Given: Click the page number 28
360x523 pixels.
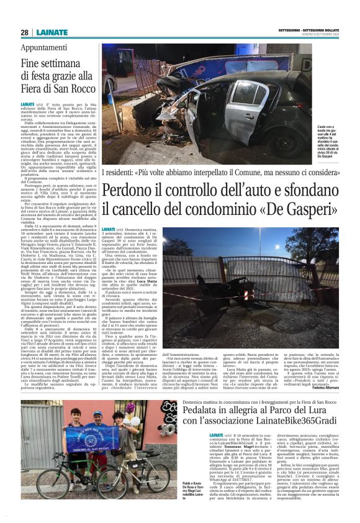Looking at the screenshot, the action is (24, 32).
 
